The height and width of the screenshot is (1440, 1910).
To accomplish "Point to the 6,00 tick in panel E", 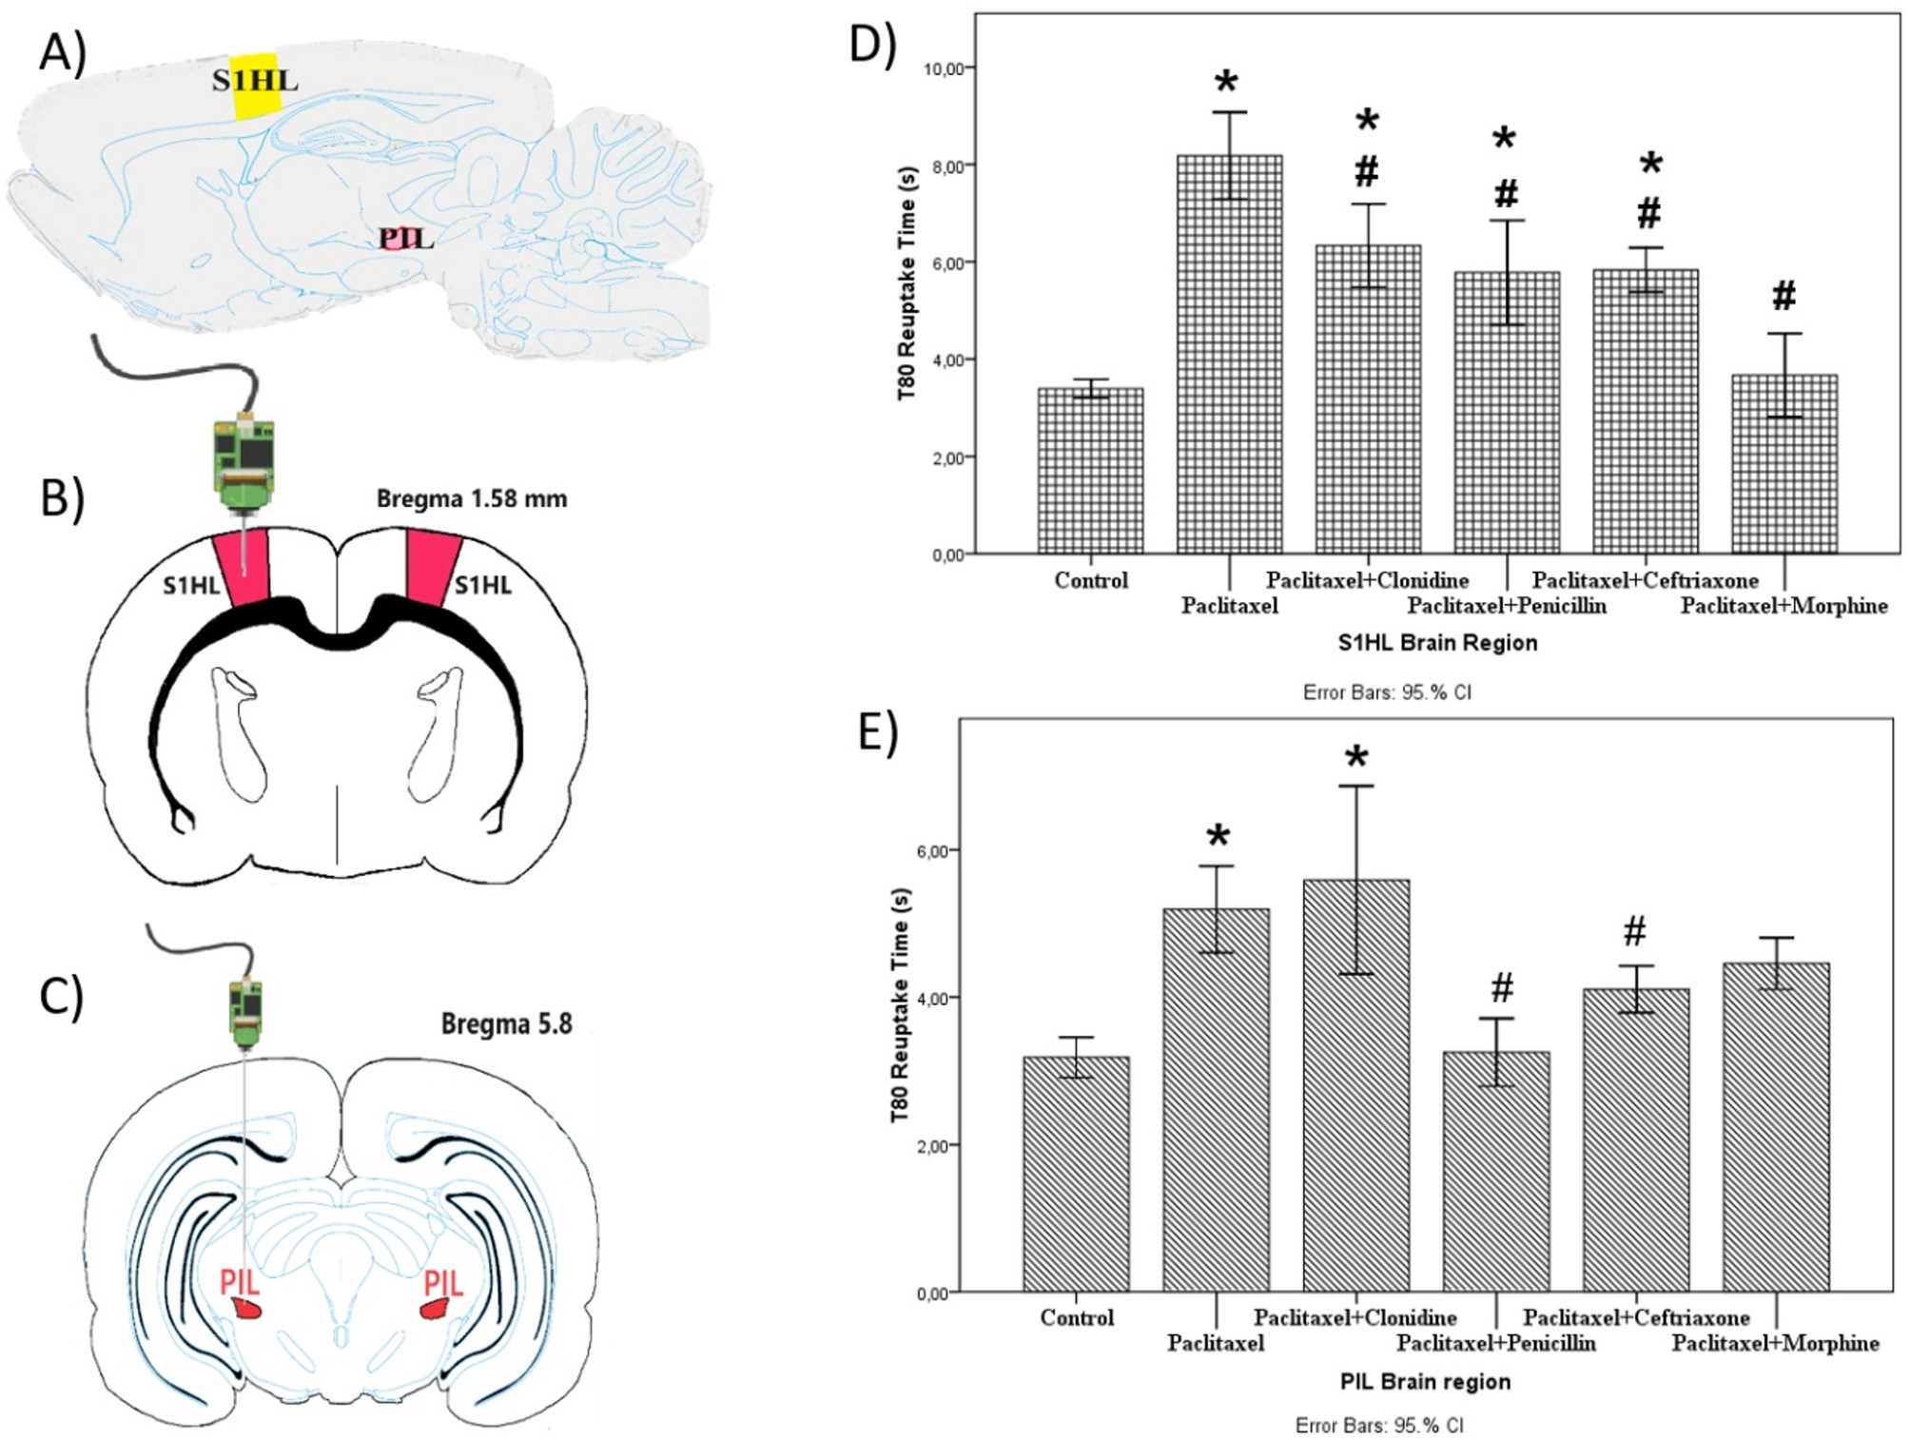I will [x=932, y=851].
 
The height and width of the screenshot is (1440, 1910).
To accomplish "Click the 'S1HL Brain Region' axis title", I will [x=1437, y=643].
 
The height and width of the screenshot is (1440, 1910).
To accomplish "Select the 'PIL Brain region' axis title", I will [x=1425, y=1381].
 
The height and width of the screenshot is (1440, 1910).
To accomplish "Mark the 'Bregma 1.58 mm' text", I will [x=472, y=498].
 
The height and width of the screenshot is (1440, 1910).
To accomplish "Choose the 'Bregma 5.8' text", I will [x=506, y=1024].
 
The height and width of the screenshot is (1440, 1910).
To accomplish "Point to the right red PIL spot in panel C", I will [x=436, y=1309].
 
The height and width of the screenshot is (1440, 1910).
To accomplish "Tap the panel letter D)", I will [x=872, y=45].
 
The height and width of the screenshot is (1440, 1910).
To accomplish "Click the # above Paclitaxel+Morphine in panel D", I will [x=1783, y=296].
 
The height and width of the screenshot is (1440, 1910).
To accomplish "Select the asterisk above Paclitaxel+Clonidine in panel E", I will [x=1356, y=758].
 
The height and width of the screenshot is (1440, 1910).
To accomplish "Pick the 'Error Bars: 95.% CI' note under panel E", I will [x=1378, y=1425].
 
